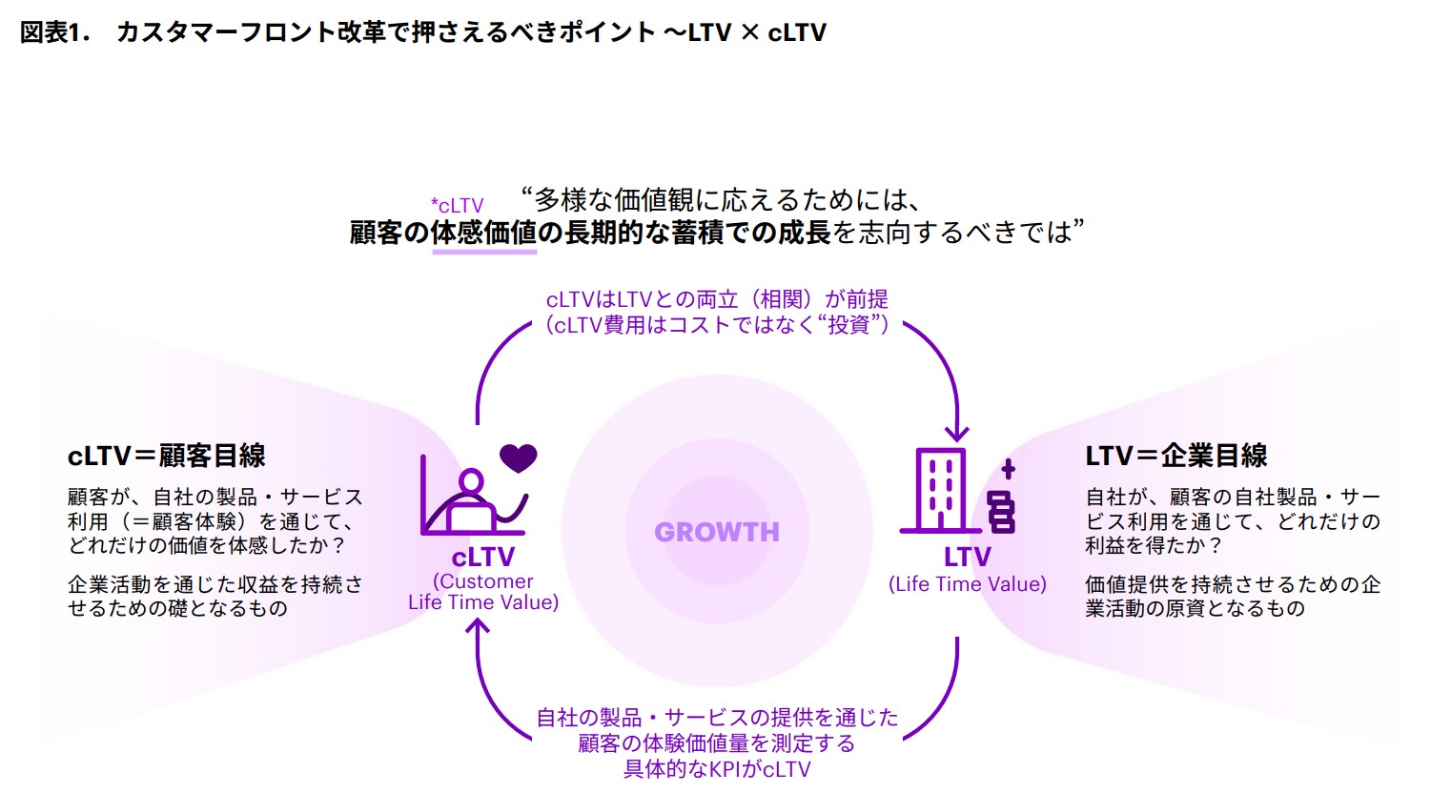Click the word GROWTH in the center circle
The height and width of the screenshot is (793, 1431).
[x=716, y=532]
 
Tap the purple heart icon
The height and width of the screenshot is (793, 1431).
[x=519, y=457]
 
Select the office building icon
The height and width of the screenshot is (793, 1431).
[x=941, y=490]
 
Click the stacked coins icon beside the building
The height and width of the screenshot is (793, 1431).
[x=1001, y=512]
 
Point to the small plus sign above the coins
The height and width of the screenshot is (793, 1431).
[x=1008, y=468]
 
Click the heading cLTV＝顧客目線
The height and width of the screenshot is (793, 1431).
[x=166, y=456]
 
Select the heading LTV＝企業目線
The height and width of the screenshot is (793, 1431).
[x=1175, y=456]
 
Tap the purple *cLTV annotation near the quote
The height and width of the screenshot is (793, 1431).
[x=457, y=206]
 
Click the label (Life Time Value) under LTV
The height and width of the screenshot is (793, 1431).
[x=967, y=584]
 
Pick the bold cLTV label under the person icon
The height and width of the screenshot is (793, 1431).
[x=483, y=557]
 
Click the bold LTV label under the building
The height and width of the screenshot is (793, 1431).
[x=967, y=557]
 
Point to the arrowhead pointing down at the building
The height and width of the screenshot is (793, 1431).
[x=956, y=434]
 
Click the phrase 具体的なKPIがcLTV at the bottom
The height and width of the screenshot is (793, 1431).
[x=716, y=769]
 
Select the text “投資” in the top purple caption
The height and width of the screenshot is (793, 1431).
[x=849, y=325]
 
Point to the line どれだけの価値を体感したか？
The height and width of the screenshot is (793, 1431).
[x=206, y=545]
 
